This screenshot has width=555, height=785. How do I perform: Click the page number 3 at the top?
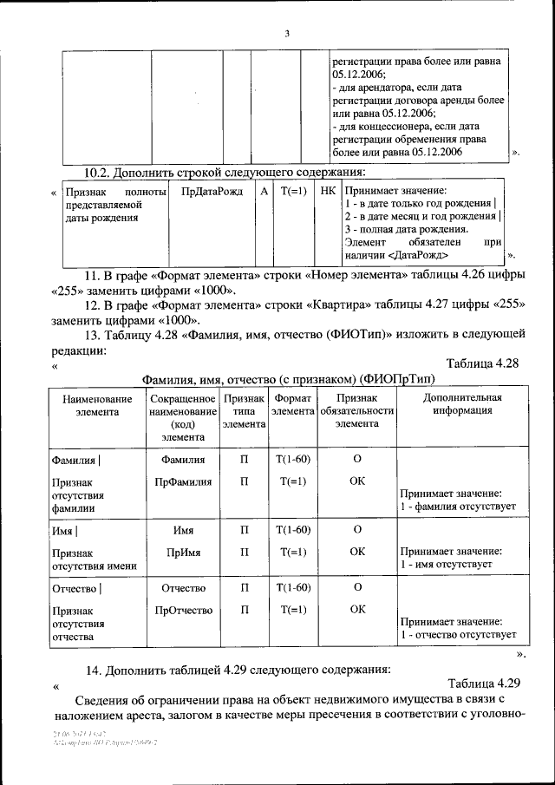pos(286,34)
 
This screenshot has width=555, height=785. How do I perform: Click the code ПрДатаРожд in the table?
pos(209,190)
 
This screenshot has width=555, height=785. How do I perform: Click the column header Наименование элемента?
pos(97,404)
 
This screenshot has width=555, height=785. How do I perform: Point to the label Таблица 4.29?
pos(483,683)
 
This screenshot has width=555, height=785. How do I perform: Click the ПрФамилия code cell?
pos(183,481)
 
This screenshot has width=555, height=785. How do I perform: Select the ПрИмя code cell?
pos(183,551)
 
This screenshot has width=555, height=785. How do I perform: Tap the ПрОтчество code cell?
pos(183,610)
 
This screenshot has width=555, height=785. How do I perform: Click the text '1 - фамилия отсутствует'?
pos(457,505)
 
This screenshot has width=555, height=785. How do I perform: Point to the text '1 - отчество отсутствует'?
pos(458,635)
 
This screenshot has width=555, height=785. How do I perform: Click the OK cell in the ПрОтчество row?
pos(356,610)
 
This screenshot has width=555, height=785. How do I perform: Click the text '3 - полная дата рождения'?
pos(407,229)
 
